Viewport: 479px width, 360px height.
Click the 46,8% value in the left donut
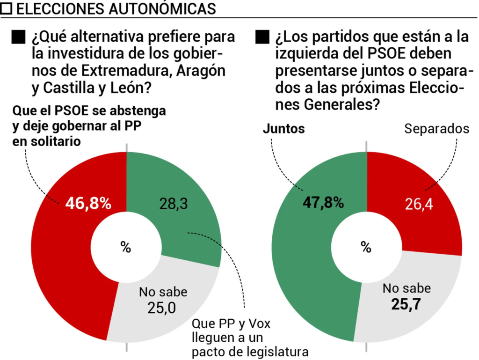click(x=88, y=203)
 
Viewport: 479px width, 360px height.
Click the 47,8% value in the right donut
click(x=322, y=202)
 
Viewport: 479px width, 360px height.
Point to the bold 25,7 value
click(x=406, y=304)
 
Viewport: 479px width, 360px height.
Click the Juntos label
click(x=283, y=129)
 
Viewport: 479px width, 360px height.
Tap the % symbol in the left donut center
click(x=126, y=247)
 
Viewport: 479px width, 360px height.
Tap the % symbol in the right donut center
click(x=366, y=247)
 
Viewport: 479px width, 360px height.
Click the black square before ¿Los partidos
click(x=262, y=37)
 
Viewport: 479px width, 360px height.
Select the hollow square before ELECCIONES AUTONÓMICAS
click(x=7, y=8)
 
